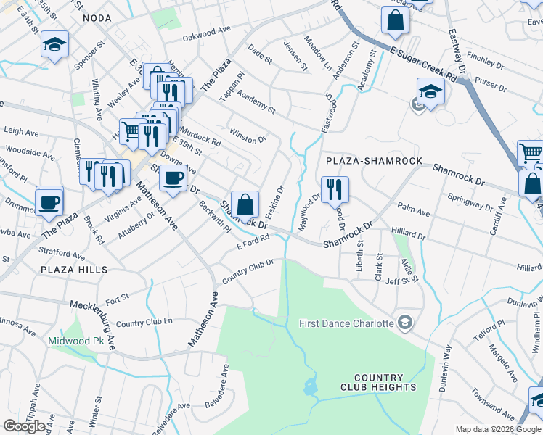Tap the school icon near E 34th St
pos(54,45)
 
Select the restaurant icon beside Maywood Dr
pos(335,190)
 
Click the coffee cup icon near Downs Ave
pos(173,178)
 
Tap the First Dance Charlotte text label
pos(346,323)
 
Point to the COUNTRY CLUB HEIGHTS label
pos(378,382)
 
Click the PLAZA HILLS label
pos(75,270)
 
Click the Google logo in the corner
pos(24,426)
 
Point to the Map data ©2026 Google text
pos(498,429)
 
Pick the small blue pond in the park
pos(311,387)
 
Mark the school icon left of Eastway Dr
pos(430,92)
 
